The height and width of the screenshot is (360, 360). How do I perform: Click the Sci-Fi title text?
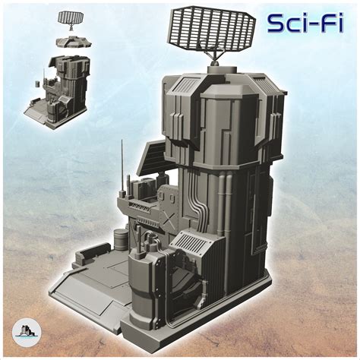coord(305,24)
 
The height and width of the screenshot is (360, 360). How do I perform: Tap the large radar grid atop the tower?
coord(211,29)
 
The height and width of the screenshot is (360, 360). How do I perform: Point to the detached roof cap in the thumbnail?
coord(74,42)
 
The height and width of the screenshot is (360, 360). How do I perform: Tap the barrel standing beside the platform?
coord(122,239)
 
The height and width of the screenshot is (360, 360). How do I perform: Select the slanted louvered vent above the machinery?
coord(190,242)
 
